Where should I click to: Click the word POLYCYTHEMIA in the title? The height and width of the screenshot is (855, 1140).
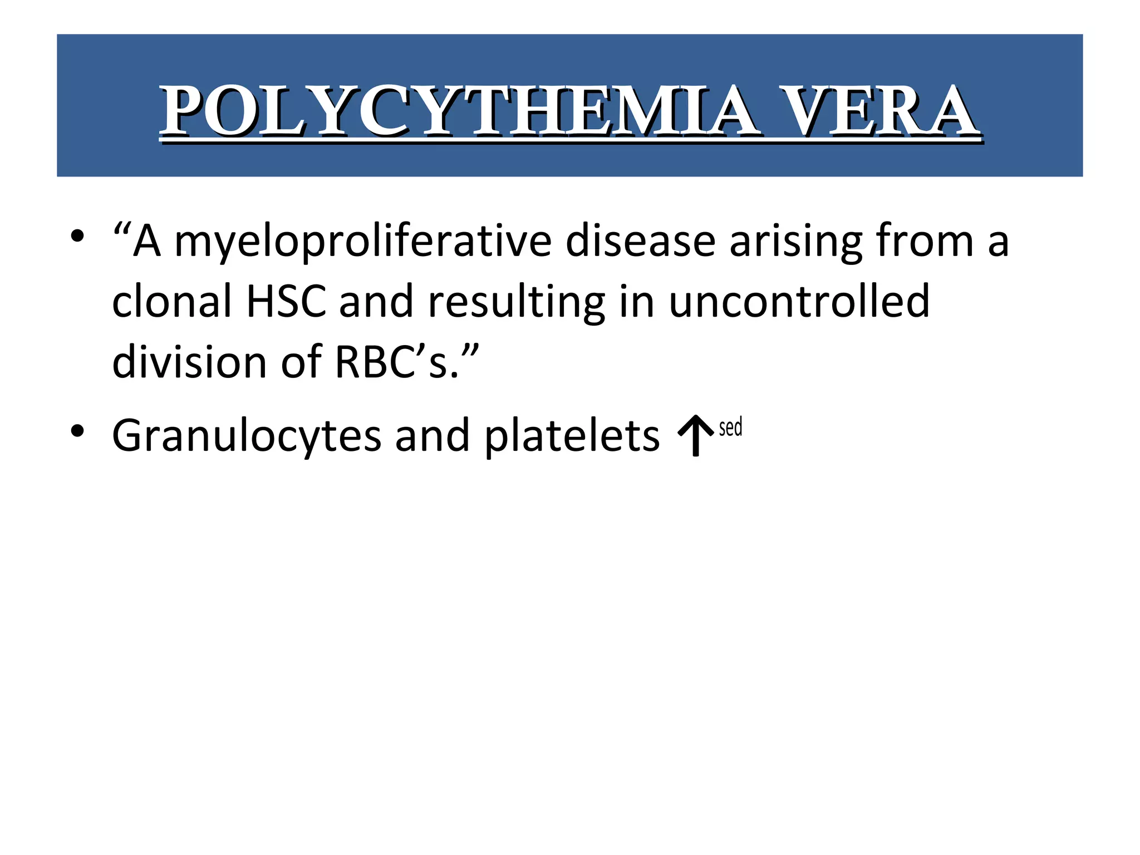459,111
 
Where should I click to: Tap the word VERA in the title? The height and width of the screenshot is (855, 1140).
879,111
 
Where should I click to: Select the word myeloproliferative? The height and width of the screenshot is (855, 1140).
363,242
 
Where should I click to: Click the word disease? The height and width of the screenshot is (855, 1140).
640,242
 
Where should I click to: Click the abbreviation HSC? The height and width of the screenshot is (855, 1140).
286,302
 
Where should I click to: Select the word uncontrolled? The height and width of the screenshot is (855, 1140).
799,302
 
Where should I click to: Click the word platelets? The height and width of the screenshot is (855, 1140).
572,436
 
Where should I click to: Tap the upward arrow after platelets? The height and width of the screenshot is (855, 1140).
695,436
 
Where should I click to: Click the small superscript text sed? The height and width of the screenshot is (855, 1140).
730,427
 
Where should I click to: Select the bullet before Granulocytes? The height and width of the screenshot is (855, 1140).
77,430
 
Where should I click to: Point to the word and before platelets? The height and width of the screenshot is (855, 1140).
433,436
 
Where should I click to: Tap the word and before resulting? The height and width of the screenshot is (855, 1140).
376,302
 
